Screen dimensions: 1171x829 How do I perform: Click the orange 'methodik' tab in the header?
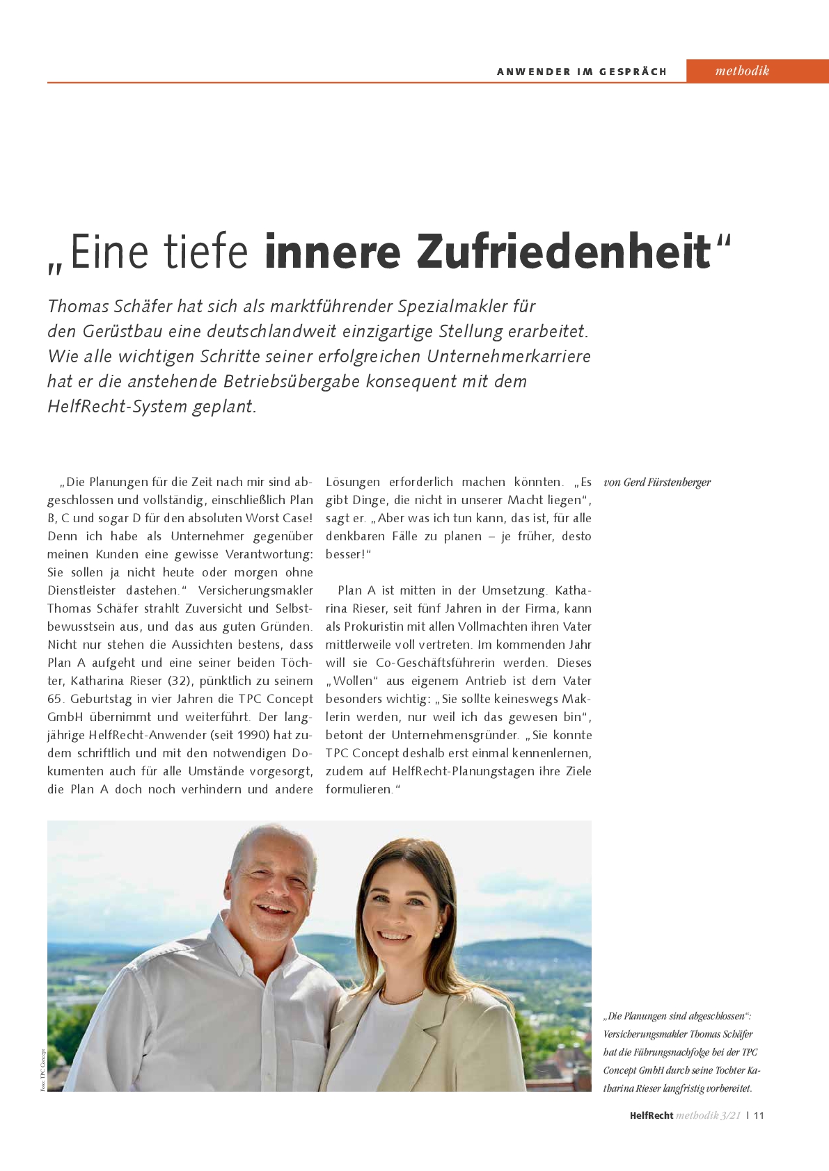[742, 71]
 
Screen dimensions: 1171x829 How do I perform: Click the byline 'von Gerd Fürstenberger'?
[657, 483]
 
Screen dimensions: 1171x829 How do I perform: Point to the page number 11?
[759, 1115]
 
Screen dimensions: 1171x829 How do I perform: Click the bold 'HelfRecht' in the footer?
[651, 1115]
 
